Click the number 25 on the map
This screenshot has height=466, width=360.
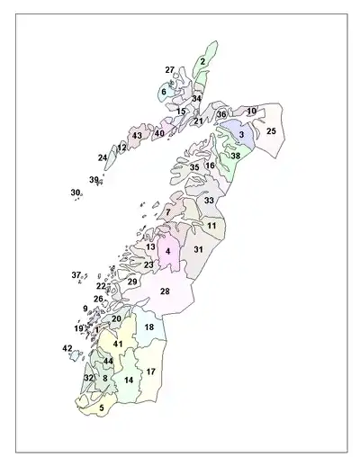271,131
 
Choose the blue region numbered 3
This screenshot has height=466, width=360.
241,135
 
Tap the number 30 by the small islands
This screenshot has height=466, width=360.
76,193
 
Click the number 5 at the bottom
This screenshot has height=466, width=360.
102,408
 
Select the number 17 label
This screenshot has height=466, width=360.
151,372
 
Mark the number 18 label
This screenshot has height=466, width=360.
149,327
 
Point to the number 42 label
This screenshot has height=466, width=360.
67,348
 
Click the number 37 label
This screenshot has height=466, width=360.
76,274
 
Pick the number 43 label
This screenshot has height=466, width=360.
137,136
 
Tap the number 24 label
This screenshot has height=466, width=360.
103,158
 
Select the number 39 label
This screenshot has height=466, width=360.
94,180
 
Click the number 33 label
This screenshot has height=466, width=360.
209,201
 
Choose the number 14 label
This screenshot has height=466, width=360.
129,381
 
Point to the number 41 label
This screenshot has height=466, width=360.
118,345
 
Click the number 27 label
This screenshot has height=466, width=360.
169,69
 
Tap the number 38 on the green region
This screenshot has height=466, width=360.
235,156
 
